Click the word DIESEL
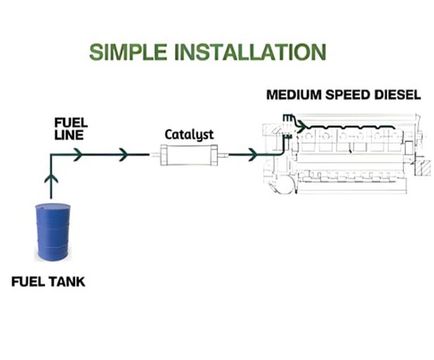pos(397,95)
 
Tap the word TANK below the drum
pos(69,283)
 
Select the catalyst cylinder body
pos(185,154)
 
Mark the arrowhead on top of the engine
pos(301,126)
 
